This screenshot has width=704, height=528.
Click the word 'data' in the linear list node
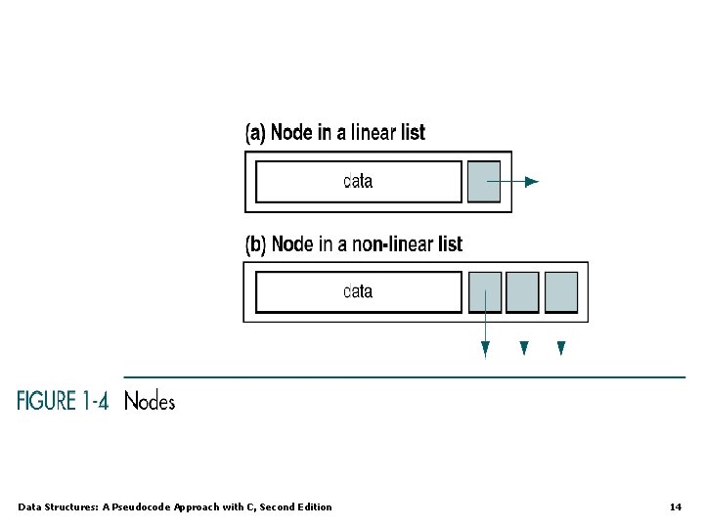click(359, 181)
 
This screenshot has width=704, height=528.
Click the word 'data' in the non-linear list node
click(359, 291)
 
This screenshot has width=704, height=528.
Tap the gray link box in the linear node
click(483, 182)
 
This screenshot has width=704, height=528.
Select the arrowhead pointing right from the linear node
click(531, 182)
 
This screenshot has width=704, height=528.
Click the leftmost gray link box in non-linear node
click(485, 291)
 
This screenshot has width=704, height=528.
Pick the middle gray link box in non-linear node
click(523, 291)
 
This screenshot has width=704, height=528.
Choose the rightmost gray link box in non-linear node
click(561, 291)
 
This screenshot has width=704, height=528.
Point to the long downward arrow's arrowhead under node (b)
click(485, 350)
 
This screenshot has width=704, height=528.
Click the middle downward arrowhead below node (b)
click(524, 347)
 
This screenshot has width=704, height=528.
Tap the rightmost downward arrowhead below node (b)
click(561, 347)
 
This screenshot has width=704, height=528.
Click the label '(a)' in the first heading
click(254, 132)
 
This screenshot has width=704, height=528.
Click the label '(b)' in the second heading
click(255, 244)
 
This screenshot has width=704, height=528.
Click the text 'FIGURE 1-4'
click(63, 401)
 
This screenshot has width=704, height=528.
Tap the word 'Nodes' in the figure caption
click(150, 401)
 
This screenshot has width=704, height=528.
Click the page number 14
click(676, 506)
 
